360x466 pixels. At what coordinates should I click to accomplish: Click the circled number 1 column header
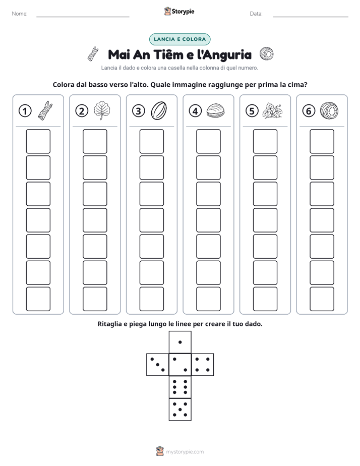coord(25,111)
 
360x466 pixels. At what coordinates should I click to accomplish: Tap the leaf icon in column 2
coord(102,110)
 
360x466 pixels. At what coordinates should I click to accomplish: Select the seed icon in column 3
coord(159,110)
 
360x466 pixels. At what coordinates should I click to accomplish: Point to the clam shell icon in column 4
coord(215,111)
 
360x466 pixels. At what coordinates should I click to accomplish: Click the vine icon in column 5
coord(272,111)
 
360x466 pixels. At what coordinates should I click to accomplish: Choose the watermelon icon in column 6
coord(329,111)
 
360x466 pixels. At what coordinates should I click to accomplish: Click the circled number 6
coord(309,111)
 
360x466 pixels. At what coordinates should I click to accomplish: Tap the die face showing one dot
coord(180,342)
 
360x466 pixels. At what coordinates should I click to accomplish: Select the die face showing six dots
coord(180,387)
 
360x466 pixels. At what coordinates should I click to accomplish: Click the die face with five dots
coord(180,410)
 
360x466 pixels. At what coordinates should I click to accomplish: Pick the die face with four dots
coord(203,365)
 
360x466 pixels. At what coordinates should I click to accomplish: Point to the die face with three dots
coord(158,365)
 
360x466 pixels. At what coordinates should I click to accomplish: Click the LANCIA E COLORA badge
coord(179,39)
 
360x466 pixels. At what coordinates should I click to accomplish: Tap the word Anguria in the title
coord(224,55)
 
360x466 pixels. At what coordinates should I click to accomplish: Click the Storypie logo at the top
coord(179,12)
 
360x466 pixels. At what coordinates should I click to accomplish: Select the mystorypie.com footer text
coord(185,452)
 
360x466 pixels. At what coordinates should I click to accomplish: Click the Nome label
coord(20,14)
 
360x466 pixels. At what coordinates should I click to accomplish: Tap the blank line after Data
coord(311,17)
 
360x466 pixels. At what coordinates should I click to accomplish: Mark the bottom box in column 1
coord(38,299)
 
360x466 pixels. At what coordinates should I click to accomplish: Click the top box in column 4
coord(208,141)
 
